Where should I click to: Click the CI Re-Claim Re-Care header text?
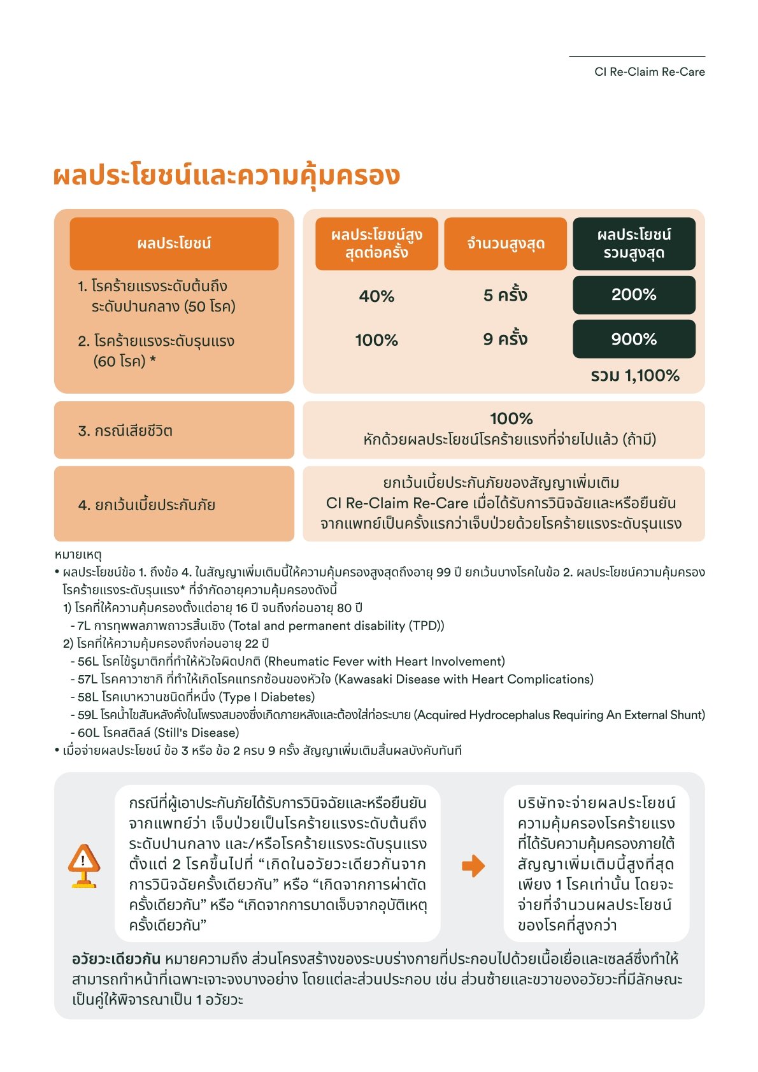click(649, 72)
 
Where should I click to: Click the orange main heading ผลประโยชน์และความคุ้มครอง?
click(227, 176)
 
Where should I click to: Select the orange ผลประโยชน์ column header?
click(174, 243)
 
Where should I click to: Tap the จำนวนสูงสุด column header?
click(505, 243)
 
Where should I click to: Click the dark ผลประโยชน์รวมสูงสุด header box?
click(634, 243)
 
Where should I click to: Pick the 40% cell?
click(376, 296)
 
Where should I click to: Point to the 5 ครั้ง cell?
click(505, 296)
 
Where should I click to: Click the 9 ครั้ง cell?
click(505, 339)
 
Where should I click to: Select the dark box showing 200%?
click(634, 295)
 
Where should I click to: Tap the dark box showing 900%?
click(634, 339)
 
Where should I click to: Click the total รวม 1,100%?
click(634, 375)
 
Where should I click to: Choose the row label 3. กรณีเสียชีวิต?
click(125, 431)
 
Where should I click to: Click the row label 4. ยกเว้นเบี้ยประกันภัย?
click(147, 505)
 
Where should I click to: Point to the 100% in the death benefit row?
click(511, 418)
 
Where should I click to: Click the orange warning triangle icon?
click(83, 865)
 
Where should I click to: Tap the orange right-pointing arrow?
click(473, 866)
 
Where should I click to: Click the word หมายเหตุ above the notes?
click(78, 555)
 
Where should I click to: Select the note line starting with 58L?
click(193, 697)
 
